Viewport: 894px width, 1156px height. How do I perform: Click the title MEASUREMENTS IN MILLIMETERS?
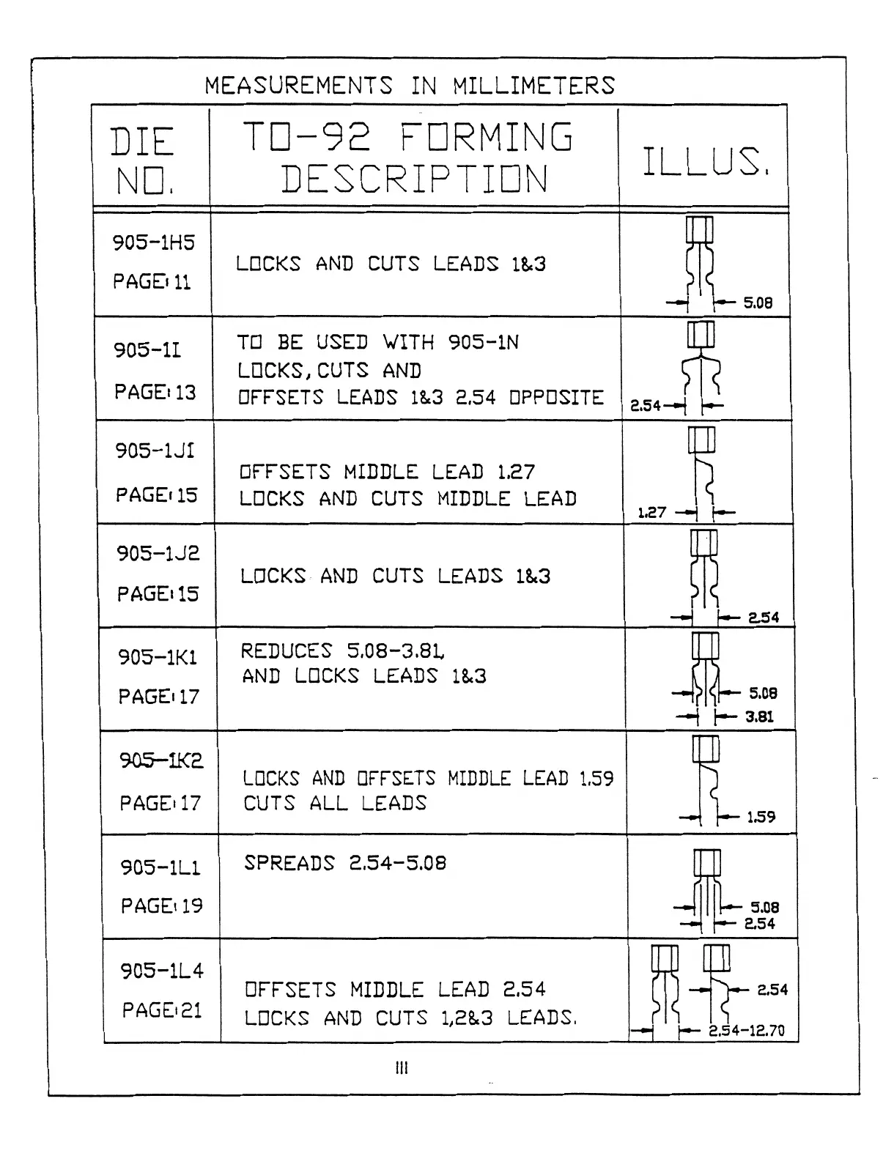tap(410, 86)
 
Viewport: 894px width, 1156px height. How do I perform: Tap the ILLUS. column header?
tap(706, 162)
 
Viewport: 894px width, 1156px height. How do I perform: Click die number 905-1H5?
tap(154, 242)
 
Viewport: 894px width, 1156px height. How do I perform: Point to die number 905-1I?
tap(147, 350)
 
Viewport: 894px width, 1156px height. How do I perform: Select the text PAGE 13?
tap(155, 393)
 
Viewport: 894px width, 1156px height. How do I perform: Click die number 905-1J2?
tap(158, 553)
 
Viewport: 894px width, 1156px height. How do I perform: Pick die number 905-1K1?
tap(158, 657)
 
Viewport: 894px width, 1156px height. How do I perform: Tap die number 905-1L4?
tap(162, 971)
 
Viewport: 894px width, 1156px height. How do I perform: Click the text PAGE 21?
tap(162, 1011)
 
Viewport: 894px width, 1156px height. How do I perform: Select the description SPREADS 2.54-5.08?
tap(345, 863)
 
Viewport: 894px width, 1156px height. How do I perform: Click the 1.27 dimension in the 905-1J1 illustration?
tap(651, 512)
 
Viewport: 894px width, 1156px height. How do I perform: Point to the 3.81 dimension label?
tap(760, 716)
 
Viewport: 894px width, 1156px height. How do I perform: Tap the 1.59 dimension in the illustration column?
tap(761, 817)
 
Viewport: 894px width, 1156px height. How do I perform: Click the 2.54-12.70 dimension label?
tap(747, 1031)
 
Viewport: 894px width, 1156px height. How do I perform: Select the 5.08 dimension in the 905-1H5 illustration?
tap(758, 303)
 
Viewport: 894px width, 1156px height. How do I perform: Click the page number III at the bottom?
tap(402, 1069)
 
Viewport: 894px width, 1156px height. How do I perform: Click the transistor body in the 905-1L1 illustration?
tap(706, 862)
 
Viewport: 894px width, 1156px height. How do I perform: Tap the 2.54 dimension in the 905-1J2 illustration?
tap(764, 618)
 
